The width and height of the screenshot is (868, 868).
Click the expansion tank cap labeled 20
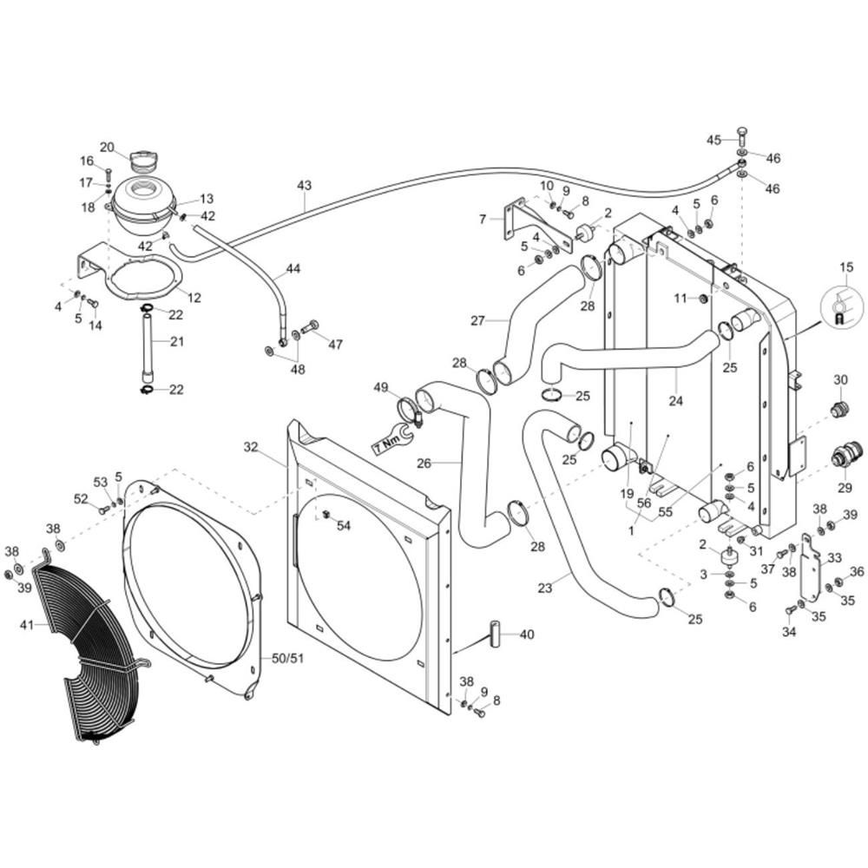click(x=143, y=161)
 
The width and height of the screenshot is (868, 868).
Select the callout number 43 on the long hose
click(x=305, y=186)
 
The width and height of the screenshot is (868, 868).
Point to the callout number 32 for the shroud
click(x=251, y=447)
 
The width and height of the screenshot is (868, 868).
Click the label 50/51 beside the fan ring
click(x=288, y=658)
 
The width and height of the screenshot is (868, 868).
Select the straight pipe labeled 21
click(x=148, y=347)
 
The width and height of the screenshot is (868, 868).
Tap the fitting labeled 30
click(x=839, y=411)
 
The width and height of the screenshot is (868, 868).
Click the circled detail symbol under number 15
click(x=841, y=306)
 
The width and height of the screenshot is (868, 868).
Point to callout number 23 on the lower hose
click(x=545, y=588)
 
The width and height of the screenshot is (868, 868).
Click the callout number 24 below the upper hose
click(x=676, y=400)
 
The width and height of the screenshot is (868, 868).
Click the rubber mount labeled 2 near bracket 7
click(x=584, y=233)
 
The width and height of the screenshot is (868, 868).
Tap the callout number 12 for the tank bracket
click(x=194, y=298)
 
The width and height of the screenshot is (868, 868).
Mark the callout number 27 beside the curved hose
click(x=477, y=320)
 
